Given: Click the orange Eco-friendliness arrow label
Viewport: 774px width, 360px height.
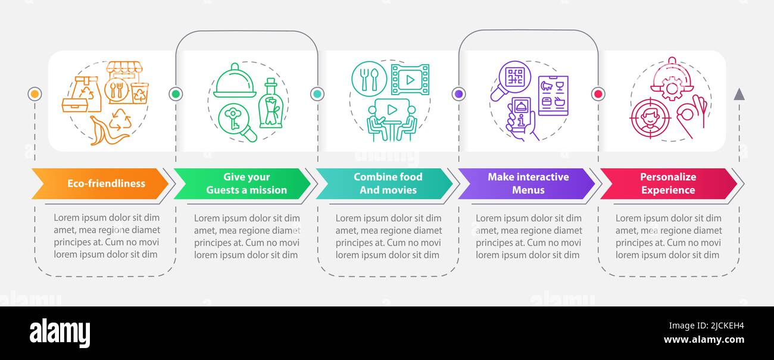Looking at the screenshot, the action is point(100,183).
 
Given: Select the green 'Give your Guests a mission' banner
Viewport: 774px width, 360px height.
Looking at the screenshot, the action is point(242,183).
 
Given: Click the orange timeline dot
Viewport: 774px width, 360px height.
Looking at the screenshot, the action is point(35,94).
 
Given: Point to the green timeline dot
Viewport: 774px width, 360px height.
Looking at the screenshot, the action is point(176,94).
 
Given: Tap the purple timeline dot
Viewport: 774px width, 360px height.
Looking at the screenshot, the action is point(459,94).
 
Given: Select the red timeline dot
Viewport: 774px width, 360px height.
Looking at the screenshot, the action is point(598,94).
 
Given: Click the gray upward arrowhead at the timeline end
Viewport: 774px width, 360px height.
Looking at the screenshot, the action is point(739,94).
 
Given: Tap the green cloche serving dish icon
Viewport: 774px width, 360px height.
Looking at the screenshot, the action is point(235,80).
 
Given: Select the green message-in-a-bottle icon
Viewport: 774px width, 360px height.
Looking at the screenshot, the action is point(271,103).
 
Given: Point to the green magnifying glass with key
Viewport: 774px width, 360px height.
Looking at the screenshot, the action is point(238,123).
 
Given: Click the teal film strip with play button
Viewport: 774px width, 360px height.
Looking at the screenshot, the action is point(410,80).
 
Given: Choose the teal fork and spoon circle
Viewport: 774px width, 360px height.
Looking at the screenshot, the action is point(369,79).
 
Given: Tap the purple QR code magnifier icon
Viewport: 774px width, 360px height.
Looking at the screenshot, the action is point(511,80).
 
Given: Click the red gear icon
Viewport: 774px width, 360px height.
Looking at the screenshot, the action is point(672,89).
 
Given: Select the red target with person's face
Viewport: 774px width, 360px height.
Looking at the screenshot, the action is point(650,118).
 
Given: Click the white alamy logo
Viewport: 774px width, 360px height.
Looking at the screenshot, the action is point(60,333).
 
